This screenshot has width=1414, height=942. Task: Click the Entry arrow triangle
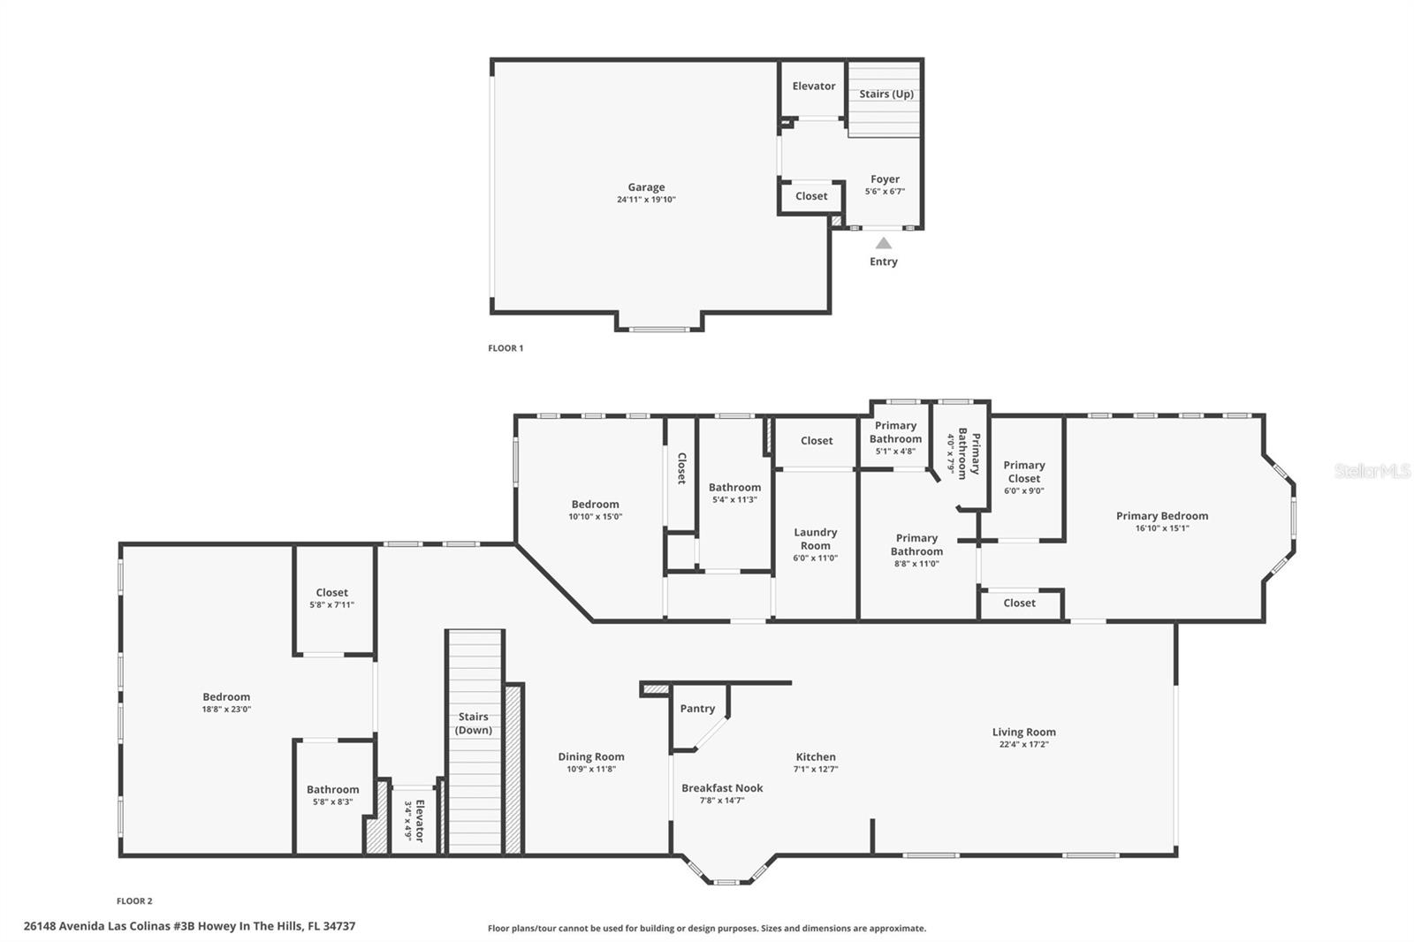[884, 243]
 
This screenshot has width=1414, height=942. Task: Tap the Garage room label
[646, 186]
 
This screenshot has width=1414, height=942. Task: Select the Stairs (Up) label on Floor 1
[886, 94]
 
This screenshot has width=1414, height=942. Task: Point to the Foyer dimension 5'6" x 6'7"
[885, 191]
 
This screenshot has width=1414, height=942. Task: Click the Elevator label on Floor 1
[814, 86]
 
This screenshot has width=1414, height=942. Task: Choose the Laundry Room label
[816, 539]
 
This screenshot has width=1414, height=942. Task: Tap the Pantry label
[697, 709]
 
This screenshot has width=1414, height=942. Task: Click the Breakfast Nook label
[722, 788]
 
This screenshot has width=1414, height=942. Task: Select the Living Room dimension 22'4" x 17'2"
[1024, 744]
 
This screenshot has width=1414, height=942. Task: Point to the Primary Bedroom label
[1162, 516]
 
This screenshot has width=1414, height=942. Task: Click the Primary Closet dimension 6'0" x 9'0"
[1024, 490]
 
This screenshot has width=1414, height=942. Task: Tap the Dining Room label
[591, 756]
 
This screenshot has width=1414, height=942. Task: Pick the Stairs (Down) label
[474, 723]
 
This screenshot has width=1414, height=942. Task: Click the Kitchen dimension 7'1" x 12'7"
[816, 769]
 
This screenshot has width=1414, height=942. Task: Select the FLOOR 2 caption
[134, 901]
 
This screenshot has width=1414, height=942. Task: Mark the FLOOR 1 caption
[506, 348]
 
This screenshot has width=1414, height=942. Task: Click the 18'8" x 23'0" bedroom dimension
[226, 709]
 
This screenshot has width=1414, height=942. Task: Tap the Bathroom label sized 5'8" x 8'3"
[332, 789]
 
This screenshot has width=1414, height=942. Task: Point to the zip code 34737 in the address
[339, 926]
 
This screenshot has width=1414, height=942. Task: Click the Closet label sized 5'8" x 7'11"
[332, 592]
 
